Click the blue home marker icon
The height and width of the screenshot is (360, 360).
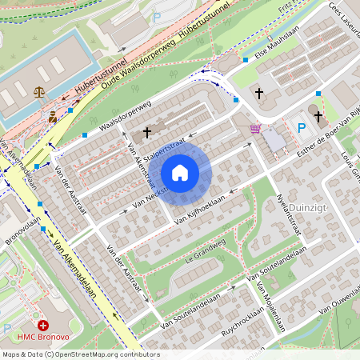[x=180, y=172]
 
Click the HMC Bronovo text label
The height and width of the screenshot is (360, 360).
[x=43, y=338]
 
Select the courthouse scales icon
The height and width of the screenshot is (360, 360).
[x=39, y=92]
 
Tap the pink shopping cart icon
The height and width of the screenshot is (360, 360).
[x=255, y=128]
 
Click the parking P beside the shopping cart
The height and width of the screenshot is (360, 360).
[x=301, y=128]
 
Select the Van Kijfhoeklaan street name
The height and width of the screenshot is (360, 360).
[x=200, y=207]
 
